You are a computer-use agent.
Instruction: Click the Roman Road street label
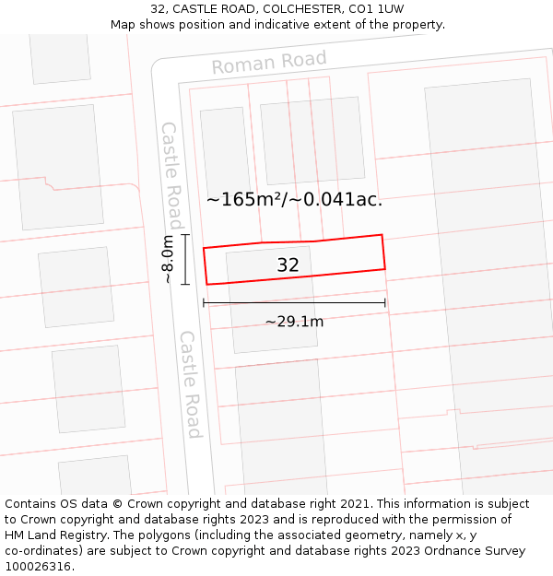(269, 63)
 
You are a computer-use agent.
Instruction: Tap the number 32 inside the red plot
(288, 265)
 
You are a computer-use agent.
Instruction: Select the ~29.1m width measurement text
(294, 322)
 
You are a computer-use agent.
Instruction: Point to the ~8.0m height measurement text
(168, 260)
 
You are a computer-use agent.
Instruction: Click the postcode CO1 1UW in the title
(376, 9)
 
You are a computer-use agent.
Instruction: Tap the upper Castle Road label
(171, 175)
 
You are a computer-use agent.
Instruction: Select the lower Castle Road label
(191, 384)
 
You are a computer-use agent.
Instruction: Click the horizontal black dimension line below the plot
(294, 302)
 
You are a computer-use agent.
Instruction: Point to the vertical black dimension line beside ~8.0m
(185, 260)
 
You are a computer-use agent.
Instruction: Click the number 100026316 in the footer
(36, 567)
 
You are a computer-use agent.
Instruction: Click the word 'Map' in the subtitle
(124, 25)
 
